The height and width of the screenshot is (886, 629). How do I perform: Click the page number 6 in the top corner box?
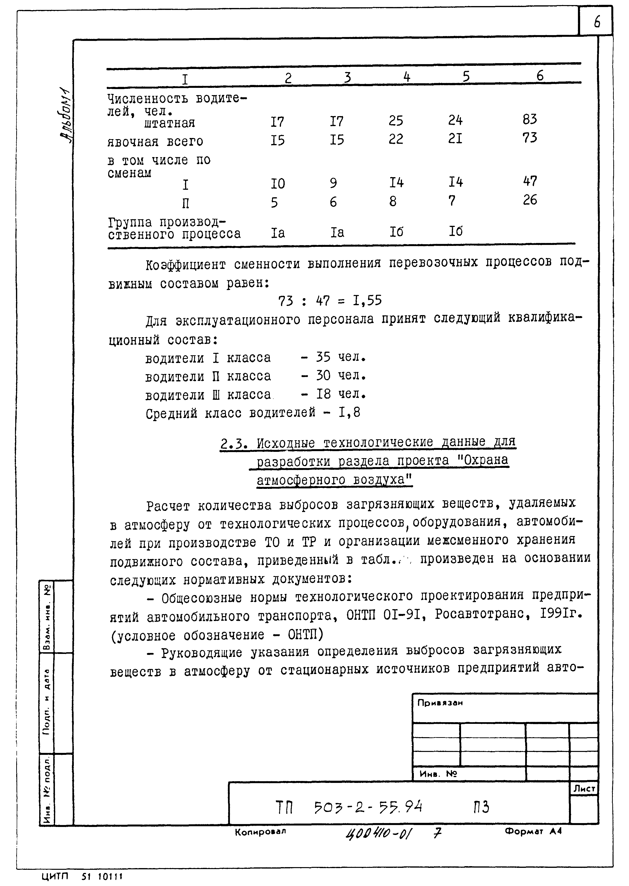[x=597, y=22]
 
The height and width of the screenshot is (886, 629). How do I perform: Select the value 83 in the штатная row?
[x=530, y=119]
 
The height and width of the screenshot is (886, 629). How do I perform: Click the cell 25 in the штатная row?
[x=396, y=121]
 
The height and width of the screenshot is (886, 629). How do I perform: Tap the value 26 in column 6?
[x=530, y=200]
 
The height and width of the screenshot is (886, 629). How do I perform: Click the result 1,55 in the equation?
[x=367, y=301]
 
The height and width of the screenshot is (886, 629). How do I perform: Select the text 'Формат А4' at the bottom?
[x=533, y=831]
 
